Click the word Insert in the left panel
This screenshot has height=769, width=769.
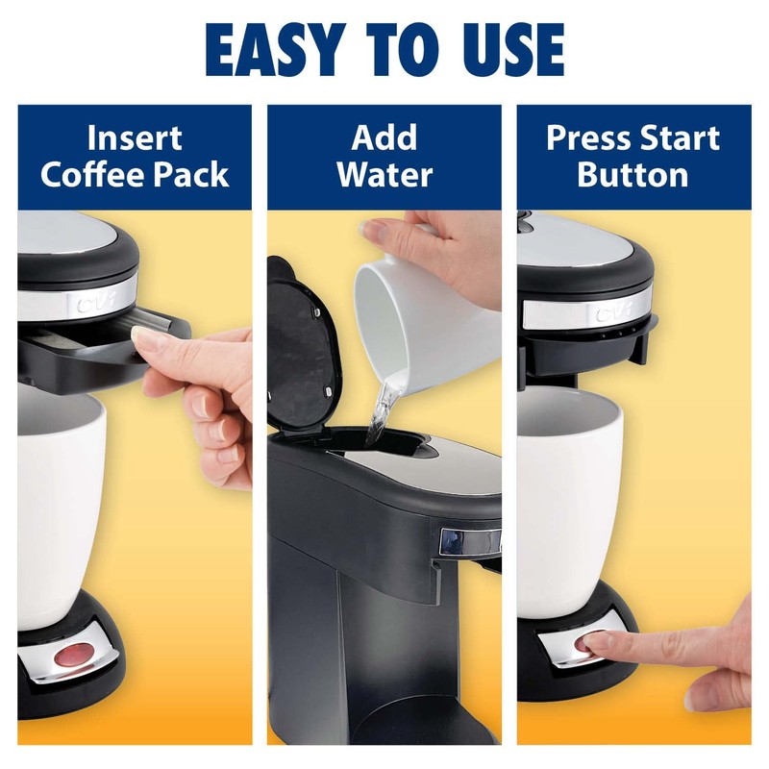pos(135,138)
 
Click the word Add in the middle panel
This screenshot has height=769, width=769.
pos(384,138)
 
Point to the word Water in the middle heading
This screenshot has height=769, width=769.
pos(384,176)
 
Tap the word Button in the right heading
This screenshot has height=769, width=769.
pos(633,176)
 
